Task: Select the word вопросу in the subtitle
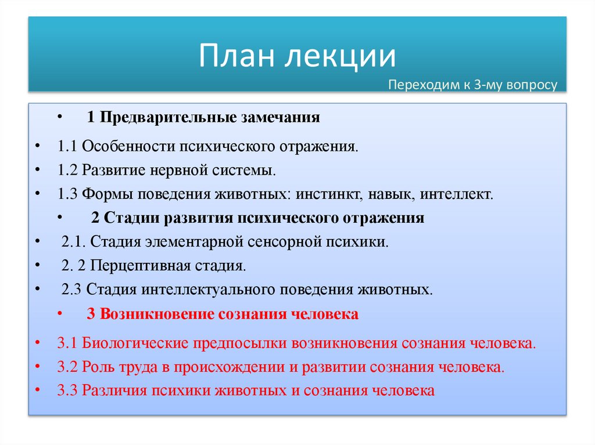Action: (529, 85)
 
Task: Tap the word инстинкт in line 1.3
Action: (326, 194)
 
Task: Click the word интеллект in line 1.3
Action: (463, 194)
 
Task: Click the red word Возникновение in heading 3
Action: (157, 314)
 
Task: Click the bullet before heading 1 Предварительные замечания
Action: (60, 118)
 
